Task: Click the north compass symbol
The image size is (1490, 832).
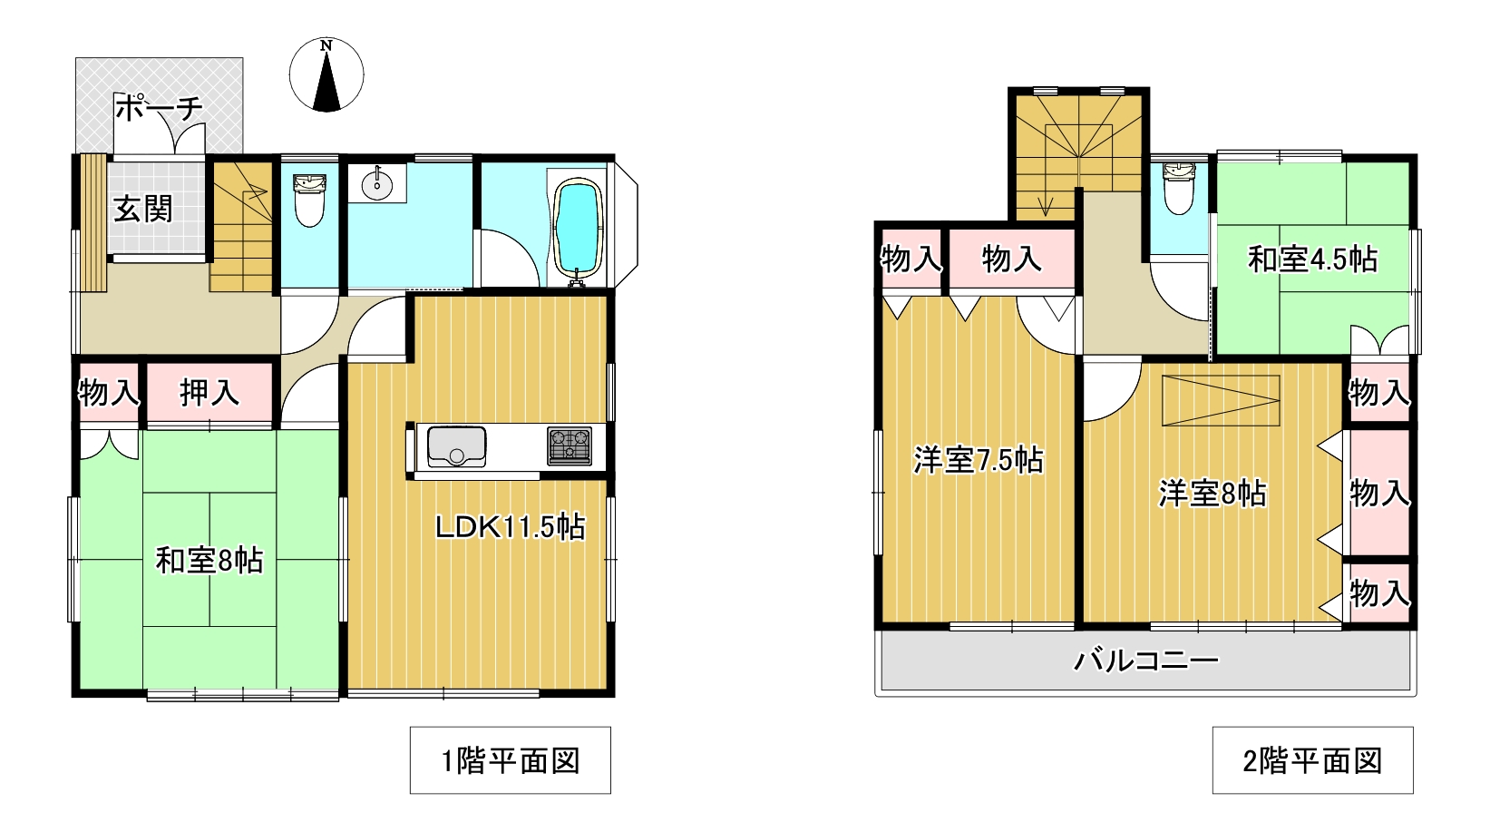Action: pyautogui.click(x=326, y=74)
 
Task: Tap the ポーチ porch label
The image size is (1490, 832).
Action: pyautogui.click(x=159, y=108)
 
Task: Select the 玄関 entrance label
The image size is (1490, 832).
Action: pyautogui.click(x=142, y=209)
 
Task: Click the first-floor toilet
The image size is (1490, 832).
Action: pyautogui.click(x=309, y=201)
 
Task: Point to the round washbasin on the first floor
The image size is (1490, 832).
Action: pyautogui.click(x=376, y=183)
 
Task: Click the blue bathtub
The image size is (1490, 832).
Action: pyautogui.click(x=578, y=230)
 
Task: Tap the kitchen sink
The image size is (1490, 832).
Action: pyautogui.click(x=456, y=446)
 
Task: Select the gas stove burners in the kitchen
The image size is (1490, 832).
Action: pyautogui.click(x=570, y=445)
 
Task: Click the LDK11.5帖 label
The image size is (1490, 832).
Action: pyautogui.click(x=511, y=527)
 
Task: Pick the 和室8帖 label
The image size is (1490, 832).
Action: pyautogui.click(x=209, y=561)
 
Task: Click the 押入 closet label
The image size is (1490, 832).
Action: pyautogui.click(x=209, y=393)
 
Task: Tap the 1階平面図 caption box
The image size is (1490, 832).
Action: pyautogui.click(x=511, y=760)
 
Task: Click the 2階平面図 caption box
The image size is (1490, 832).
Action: pyautogui.click(x=1312, y=760)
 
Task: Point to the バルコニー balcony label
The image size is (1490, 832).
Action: pyautogui.click(x=1146, y=661)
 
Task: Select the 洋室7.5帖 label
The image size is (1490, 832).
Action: pyautogui.click(x=978, y=460)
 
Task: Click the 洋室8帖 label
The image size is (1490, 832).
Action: pyautogui.click(x=1212, y=494)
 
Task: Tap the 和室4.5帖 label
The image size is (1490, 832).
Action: pyautogui.click(x=1312, y=259)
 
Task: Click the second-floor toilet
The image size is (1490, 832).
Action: pyautogui.click(x=1179, y=189)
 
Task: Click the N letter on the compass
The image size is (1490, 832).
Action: pyautogui.click(x=326, y=45)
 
